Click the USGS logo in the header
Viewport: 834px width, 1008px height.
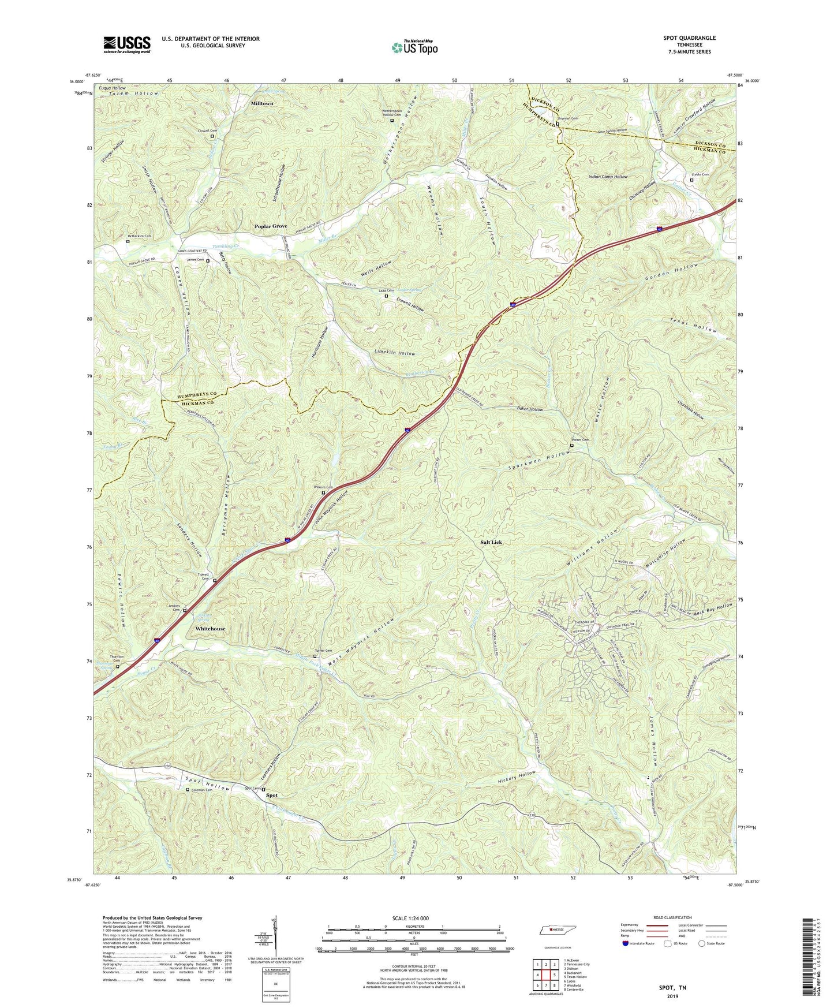point(126,44)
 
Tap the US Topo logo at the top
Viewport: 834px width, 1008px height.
point(414,47)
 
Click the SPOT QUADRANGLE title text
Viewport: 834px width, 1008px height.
point(689,38)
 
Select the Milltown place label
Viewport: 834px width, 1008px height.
point(262,103)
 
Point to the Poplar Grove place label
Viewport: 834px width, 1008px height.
point(271,226)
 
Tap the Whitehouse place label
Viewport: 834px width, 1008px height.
point(210,628)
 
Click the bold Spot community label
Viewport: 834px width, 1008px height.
point(272,795)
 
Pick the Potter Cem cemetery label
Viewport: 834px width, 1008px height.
point(581,440)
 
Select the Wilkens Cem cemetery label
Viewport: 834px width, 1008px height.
point(323,487)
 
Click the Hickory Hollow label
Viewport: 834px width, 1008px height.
point(517,777)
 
